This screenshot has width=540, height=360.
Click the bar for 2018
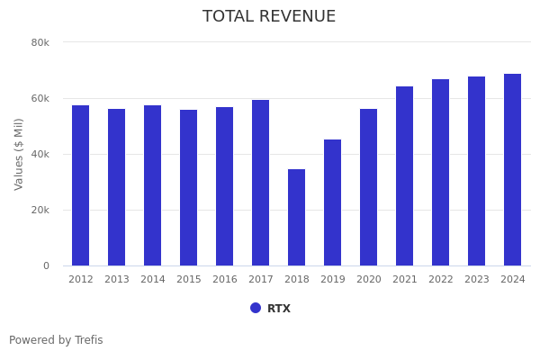point(296,217)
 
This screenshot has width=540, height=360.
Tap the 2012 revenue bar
point(81,185)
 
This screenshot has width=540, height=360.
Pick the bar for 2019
point(332,202)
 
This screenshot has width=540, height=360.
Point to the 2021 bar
point(404,175)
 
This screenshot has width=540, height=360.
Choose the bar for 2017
point(260,183)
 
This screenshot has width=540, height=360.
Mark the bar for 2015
point(188,187)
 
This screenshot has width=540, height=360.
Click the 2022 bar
point(440,172)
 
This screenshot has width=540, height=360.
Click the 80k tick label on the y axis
point(40,42)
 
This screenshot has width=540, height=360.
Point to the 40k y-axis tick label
point(40,154)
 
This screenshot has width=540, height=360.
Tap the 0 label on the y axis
point(45,265)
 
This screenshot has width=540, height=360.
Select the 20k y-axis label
point(40,210)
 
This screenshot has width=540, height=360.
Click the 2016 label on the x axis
point(224,280)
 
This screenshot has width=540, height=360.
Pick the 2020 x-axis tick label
point(368,280)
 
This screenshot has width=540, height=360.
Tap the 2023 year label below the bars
point(476,280)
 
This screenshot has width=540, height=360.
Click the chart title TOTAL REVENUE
point(269,17)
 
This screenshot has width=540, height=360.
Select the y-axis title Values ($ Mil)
point(19,154)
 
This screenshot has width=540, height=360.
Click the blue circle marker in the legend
point(256,308)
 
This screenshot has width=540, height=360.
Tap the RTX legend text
point(279,309)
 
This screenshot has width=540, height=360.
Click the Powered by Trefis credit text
point(56,340)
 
